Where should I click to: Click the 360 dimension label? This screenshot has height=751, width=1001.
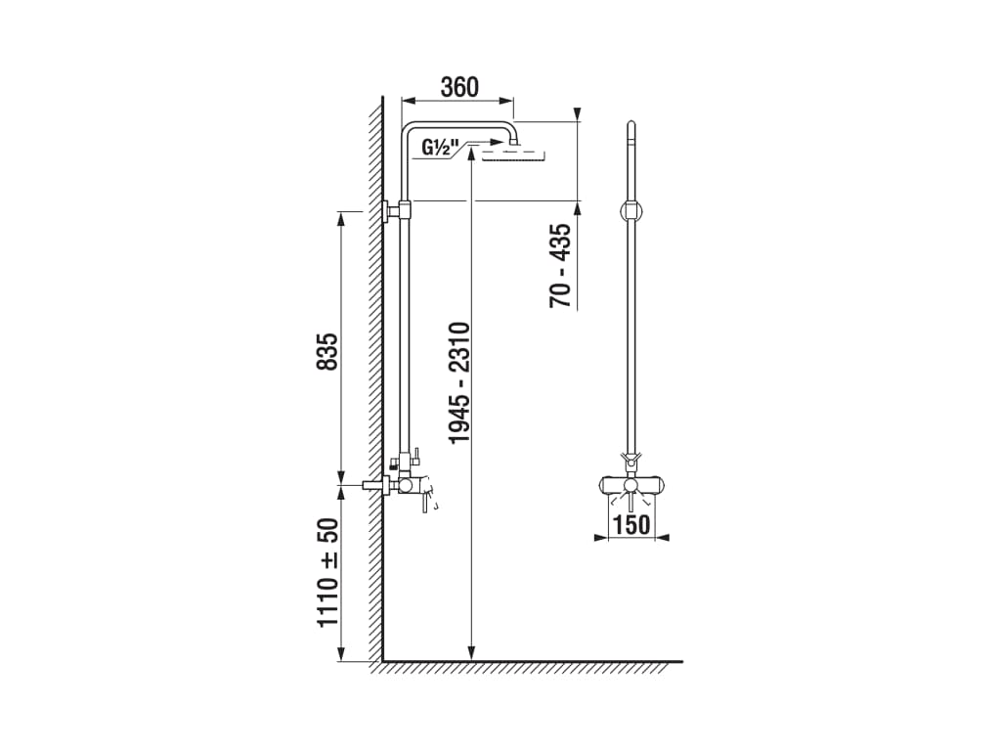459,87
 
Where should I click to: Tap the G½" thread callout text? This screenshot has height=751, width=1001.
437,149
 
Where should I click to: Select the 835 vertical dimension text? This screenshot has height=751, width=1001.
327,351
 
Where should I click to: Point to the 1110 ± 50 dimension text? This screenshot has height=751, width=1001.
327,572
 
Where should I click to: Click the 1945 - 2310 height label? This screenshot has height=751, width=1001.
459,383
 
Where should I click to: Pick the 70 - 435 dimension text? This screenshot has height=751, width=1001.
560,266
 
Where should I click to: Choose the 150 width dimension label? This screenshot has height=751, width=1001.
631,524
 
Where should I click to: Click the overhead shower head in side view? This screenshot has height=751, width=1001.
514,154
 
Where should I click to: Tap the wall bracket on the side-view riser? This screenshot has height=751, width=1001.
397,209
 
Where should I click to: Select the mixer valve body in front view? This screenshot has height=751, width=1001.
631,486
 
